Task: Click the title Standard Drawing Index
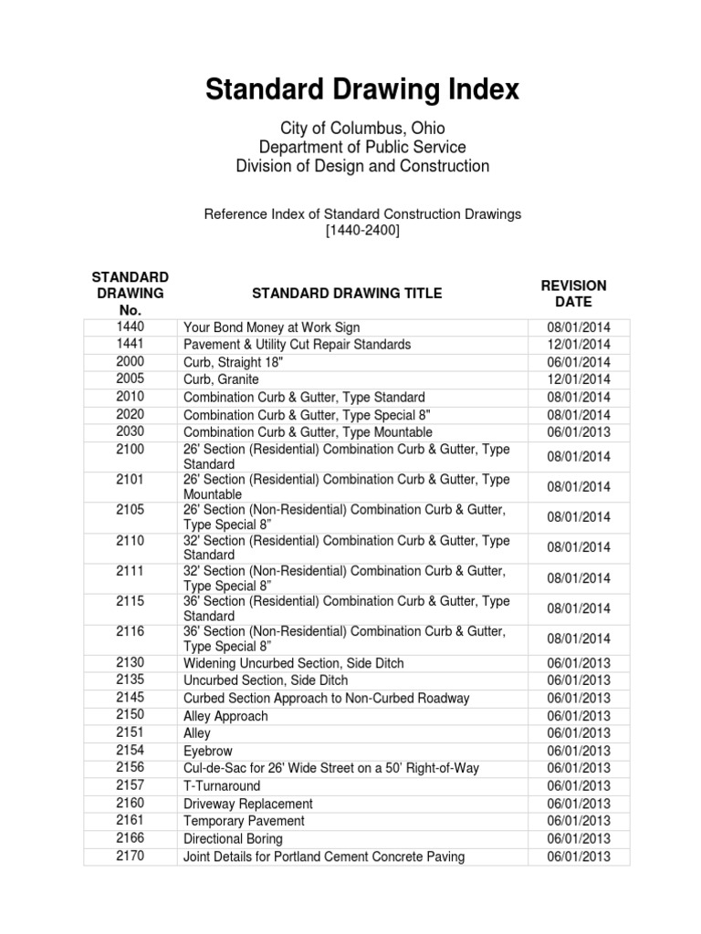(x=361, y=89)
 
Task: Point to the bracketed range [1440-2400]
(x=361, y=231)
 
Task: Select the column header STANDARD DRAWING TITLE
(x=347, y=293)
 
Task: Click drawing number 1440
(x=130, y=327)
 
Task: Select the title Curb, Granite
(x=221, y=379)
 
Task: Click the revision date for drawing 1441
(x=579, y=345)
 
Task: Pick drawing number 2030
(x=130, y=431)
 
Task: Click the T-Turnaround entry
(x=222, y=786)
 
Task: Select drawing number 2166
(x=130, y=838)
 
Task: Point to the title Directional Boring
(x=233, y=839)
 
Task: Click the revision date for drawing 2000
(x=579, y=362)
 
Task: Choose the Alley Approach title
(x=225, y=716)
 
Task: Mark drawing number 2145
(x=130, y=698)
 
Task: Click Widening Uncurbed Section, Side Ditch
(x=293, y=663)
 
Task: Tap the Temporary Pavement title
(x=244, y=821)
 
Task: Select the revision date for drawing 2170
(x=579, y=856)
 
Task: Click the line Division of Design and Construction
(x=361, y=166)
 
